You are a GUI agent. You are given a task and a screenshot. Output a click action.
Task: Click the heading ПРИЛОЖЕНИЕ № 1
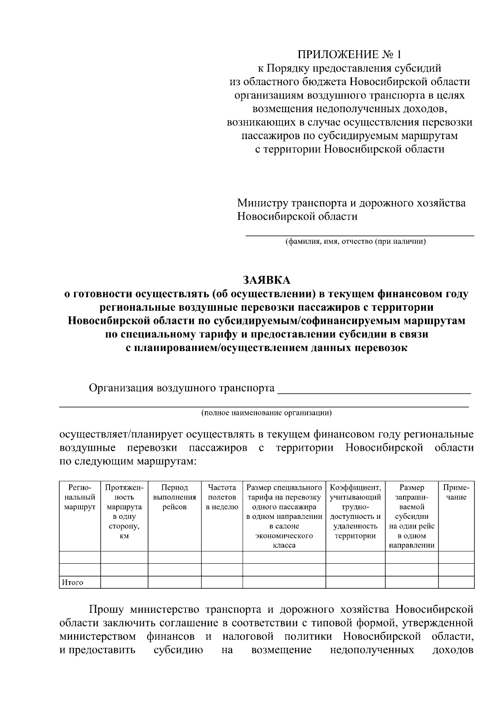[x=349, y=55]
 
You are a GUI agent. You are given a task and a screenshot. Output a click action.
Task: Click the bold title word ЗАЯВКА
[x=266, y=280]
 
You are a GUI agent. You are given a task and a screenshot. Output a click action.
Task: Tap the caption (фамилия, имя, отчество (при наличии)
[x=355, y=242]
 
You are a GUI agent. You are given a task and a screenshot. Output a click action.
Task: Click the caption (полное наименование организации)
[x=266, y=413]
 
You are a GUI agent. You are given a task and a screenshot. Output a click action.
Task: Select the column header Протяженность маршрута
[x=124, y=511]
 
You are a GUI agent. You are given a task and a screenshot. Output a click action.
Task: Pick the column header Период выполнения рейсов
[x=174, y=497]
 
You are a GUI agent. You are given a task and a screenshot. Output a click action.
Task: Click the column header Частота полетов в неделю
[x=222, y=497]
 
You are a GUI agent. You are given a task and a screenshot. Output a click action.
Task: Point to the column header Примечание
[x=456, y=492]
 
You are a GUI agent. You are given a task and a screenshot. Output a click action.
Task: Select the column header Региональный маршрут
[x=80, y=497]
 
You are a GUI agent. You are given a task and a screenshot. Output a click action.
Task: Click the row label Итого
[x=73, y=582]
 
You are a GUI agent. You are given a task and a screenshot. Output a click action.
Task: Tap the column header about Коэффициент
[x=355, y=511]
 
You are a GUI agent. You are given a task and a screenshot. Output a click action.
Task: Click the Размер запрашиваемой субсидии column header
[x=412, y=516]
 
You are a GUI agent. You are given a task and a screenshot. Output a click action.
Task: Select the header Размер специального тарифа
[x=284, y=516]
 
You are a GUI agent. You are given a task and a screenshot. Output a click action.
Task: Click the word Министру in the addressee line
[x=257, y=203]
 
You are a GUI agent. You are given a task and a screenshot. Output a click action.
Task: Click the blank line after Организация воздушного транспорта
[x=373, y=391]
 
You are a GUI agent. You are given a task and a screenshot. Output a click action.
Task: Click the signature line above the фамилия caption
[x=360, y=235]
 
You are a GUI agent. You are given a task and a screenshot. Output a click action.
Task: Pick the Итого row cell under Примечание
[x=456, y=582]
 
